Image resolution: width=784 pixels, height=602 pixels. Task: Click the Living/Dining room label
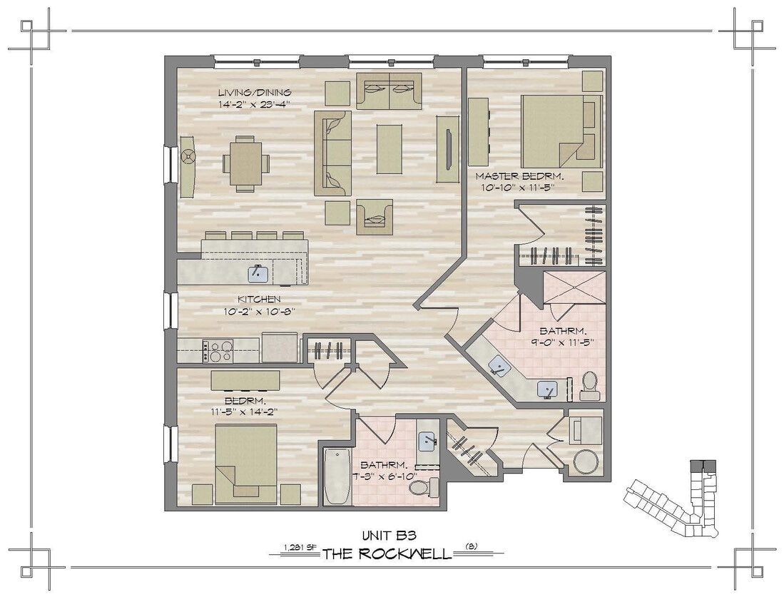pos(254,93)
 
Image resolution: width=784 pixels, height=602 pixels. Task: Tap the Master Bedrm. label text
pos(514,175)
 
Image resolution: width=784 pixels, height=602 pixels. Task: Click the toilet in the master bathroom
pos(590,385)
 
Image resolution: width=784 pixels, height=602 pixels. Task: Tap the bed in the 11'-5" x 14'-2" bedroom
pos(246,464)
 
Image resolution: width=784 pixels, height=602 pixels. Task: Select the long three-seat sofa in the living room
pos(333,153)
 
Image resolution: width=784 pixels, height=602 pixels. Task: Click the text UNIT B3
pos(390,534)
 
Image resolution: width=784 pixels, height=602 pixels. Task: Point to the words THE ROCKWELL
pos(387,554)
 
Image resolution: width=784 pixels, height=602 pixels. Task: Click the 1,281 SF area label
pos(300,548)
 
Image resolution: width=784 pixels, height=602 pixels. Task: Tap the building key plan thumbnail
pos(677,499)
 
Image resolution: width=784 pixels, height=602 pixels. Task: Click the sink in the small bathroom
pos(428,441)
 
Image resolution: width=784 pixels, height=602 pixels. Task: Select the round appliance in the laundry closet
pos(587,461)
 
